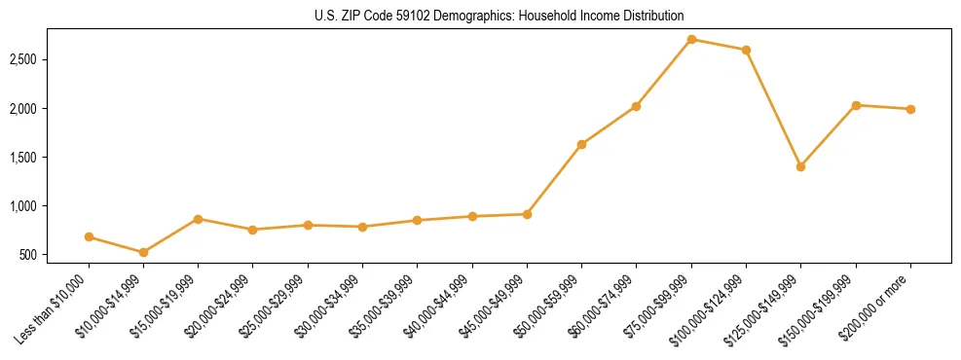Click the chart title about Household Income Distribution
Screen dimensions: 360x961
point(499,16)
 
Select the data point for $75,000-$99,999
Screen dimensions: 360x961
point(691,39)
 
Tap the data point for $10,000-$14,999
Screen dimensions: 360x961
point(144,252)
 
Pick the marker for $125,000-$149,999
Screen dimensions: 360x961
point(800,166)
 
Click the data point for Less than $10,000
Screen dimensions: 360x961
point(89,236)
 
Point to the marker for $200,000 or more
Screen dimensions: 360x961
point(910,109)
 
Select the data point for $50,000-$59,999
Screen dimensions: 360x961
point(581,144)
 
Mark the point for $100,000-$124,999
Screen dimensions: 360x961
point(746,50)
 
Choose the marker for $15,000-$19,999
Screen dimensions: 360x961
point(199,219)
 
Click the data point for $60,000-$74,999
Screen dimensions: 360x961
point(636,106)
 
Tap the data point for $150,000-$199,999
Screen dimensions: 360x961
point(856,105)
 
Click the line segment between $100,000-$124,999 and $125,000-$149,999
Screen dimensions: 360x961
point(773,108)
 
